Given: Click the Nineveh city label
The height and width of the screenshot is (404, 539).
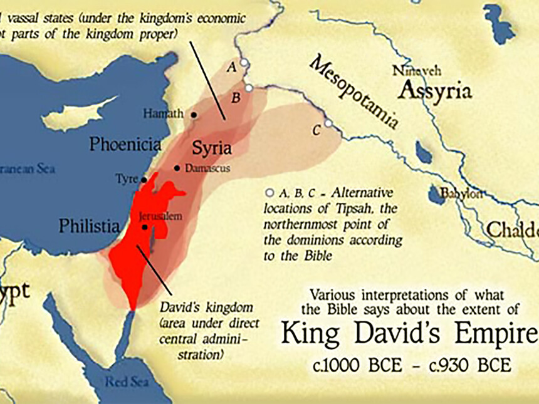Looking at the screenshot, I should click(x=416, y=71).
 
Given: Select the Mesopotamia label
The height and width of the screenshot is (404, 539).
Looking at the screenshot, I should click(x=354, y=92).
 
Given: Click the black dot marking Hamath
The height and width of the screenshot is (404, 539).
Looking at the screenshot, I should click(x=194, y=115).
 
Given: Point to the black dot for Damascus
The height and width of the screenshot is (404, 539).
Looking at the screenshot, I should click(x=177, y=168).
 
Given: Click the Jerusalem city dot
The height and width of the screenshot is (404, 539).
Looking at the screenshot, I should click(x=145, y=227).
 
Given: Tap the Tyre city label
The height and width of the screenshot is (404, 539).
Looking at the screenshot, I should click(x=127, y=179).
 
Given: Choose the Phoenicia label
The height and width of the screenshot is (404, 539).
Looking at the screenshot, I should click(x=125, y=145).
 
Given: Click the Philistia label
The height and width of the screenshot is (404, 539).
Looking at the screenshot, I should click(x=89, y=225).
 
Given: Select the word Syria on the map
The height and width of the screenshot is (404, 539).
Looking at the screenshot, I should click(x=211, y=148).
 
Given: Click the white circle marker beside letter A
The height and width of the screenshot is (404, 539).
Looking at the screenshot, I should click(x=244, y=63).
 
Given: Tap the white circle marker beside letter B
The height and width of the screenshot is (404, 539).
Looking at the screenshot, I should click(x=249, y=88).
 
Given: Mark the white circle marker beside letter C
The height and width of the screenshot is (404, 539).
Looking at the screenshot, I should click(x=328, y=123).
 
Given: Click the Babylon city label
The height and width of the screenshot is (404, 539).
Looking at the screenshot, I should click(x=461, y=194).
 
